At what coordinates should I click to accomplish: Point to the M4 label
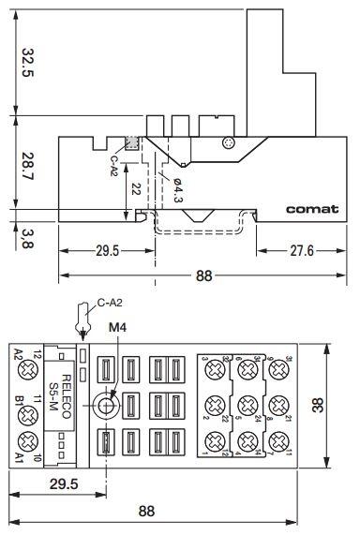point(116,328)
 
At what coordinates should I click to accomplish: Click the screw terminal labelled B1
point(24,407)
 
